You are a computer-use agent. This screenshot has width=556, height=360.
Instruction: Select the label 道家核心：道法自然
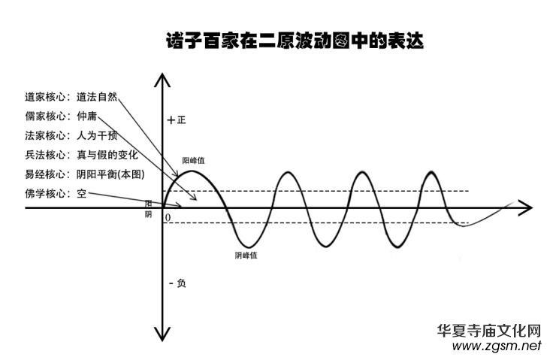(x=71, y=97)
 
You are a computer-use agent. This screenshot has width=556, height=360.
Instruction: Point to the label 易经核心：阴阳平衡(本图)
(x=83, y=174)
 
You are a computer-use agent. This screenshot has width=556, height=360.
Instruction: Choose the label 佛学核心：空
(x=55, y=194)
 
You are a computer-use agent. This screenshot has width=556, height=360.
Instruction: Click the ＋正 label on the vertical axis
(x=177, y=120)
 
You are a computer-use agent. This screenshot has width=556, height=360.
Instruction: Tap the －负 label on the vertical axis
(x=177, y=283)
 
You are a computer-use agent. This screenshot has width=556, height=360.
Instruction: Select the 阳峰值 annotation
(x=194, y=161)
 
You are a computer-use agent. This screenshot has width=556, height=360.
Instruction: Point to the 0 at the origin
(x=167, y=218)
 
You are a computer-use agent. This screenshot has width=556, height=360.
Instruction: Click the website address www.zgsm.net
(x=497, y=346)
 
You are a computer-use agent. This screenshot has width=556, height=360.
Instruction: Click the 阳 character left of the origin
(x=149, y=203)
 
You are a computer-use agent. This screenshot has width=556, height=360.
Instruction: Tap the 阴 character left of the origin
(x=149, y=215)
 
